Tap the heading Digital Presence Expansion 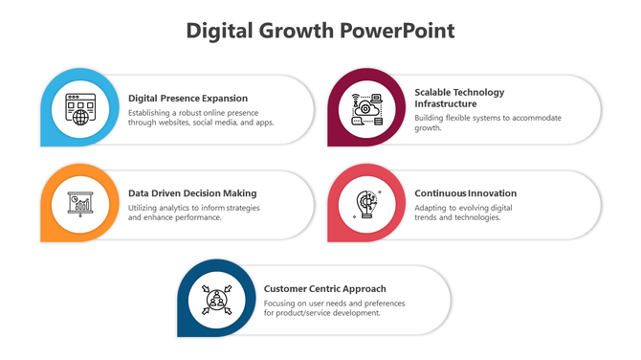click(188, 98)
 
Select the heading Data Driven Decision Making click(192, 192)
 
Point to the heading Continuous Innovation click(465, 192)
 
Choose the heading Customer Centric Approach click(324, 288)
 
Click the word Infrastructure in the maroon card click(445, 103)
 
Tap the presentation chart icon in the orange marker click(78, 203)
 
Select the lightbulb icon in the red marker click(365, 203)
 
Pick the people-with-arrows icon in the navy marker click(215, 299)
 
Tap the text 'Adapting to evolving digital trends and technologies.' click(463, 212)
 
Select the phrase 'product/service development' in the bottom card click(326, 312)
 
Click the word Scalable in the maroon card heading click(434, 93)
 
